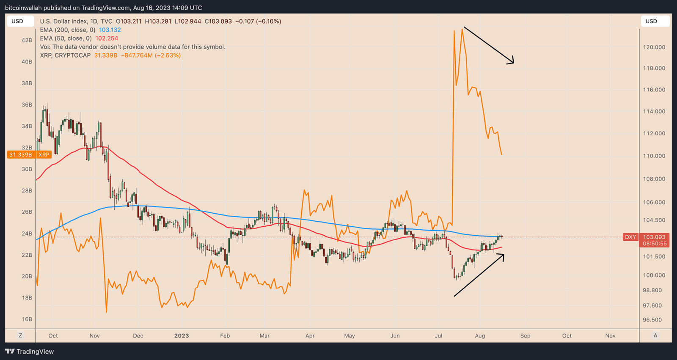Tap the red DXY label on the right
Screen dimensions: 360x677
pyautogui.click(x=630, y=237)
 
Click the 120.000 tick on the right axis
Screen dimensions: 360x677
pyautogui.click(x=654, y=47)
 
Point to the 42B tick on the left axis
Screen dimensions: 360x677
pyautogui.click(x=27, y=40)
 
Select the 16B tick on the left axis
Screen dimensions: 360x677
pyautogui.click(x=27, y=319)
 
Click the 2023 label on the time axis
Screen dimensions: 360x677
pyautogui.click(x=182, y=336)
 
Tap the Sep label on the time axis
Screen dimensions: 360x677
pyautogui.click(x=525, y=336)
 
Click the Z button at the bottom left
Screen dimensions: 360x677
pyautogui.click(x=20, y=335)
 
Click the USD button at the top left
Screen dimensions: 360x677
pyautogui.click(x=19, y=21)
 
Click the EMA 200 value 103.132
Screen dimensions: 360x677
pyautogui.click(x=110, y=30)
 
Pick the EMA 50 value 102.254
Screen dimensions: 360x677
pyautogui.click(x=107, y=38)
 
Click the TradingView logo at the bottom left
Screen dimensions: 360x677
pyautogui.click(x=30, y=352)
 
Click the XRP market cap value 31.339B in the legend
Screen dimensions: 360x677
pyautogui.click(x=106, y=55)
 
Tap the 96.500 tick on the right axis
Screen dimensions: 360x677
pyautogui.click(x=654, y=320)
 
